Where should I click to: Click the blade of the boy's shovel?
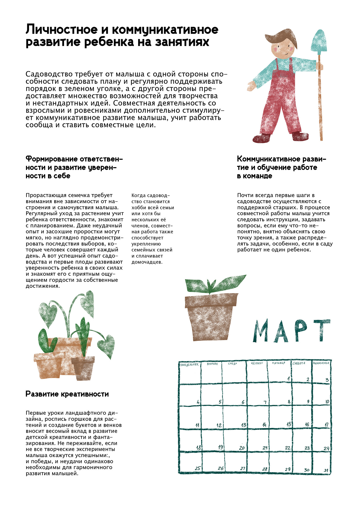319,41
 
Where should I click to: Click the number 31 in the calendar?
326,470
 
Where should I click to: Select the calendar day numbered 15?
289,424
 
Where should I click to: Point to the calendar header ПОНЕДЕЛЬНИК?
190,365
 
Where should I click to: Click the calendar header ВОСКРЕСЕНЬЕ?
321,363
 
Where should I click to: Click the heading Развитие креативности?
67,394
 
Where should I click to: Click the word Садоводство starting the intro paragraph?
49,74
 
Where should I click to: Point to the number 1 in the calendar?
289,379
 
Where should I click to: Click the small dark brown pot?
83,367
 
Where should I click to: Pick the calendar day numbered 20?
242,448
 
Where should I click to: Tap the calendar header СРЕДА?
232,364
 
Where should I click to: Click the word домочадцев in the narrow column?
147,262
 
